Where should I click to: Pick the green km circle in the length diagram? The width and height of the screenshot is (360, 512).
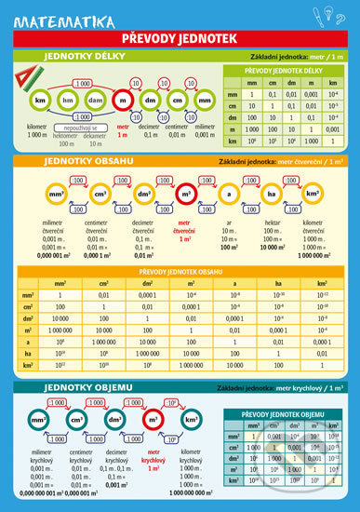pyautogui.click(x=40, y=99)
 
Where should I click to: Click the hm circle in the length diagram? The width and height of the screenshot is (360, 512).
pyautogui.click(x=67, y=99)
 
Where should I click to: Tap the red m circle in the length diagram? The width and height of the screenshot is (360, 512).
pyautogui.click(x=122, y=99)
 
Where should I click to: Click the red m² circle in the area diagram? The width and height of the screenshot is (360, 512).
pyautogui.click(x=185, y=194)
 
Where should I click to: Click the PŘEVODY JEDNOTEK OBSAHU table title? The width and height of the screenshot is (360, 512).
pyautogui.click(x=179, y=271)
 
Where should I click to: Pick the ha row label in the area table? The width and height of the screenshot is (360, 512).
pyautogui.click(x=30, y=354)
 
